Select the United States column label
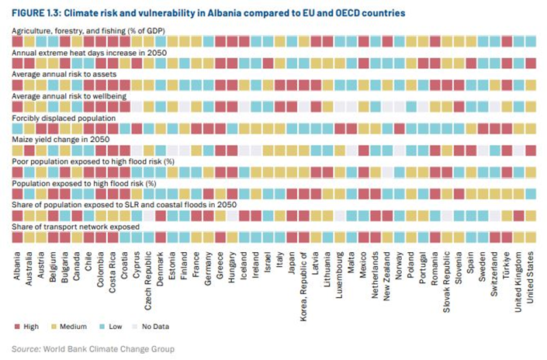(x=530, y=275)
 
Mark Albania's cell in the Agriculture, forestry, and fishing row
(x=17, y=40)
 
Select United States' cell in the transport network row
(x=530, y=236)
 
